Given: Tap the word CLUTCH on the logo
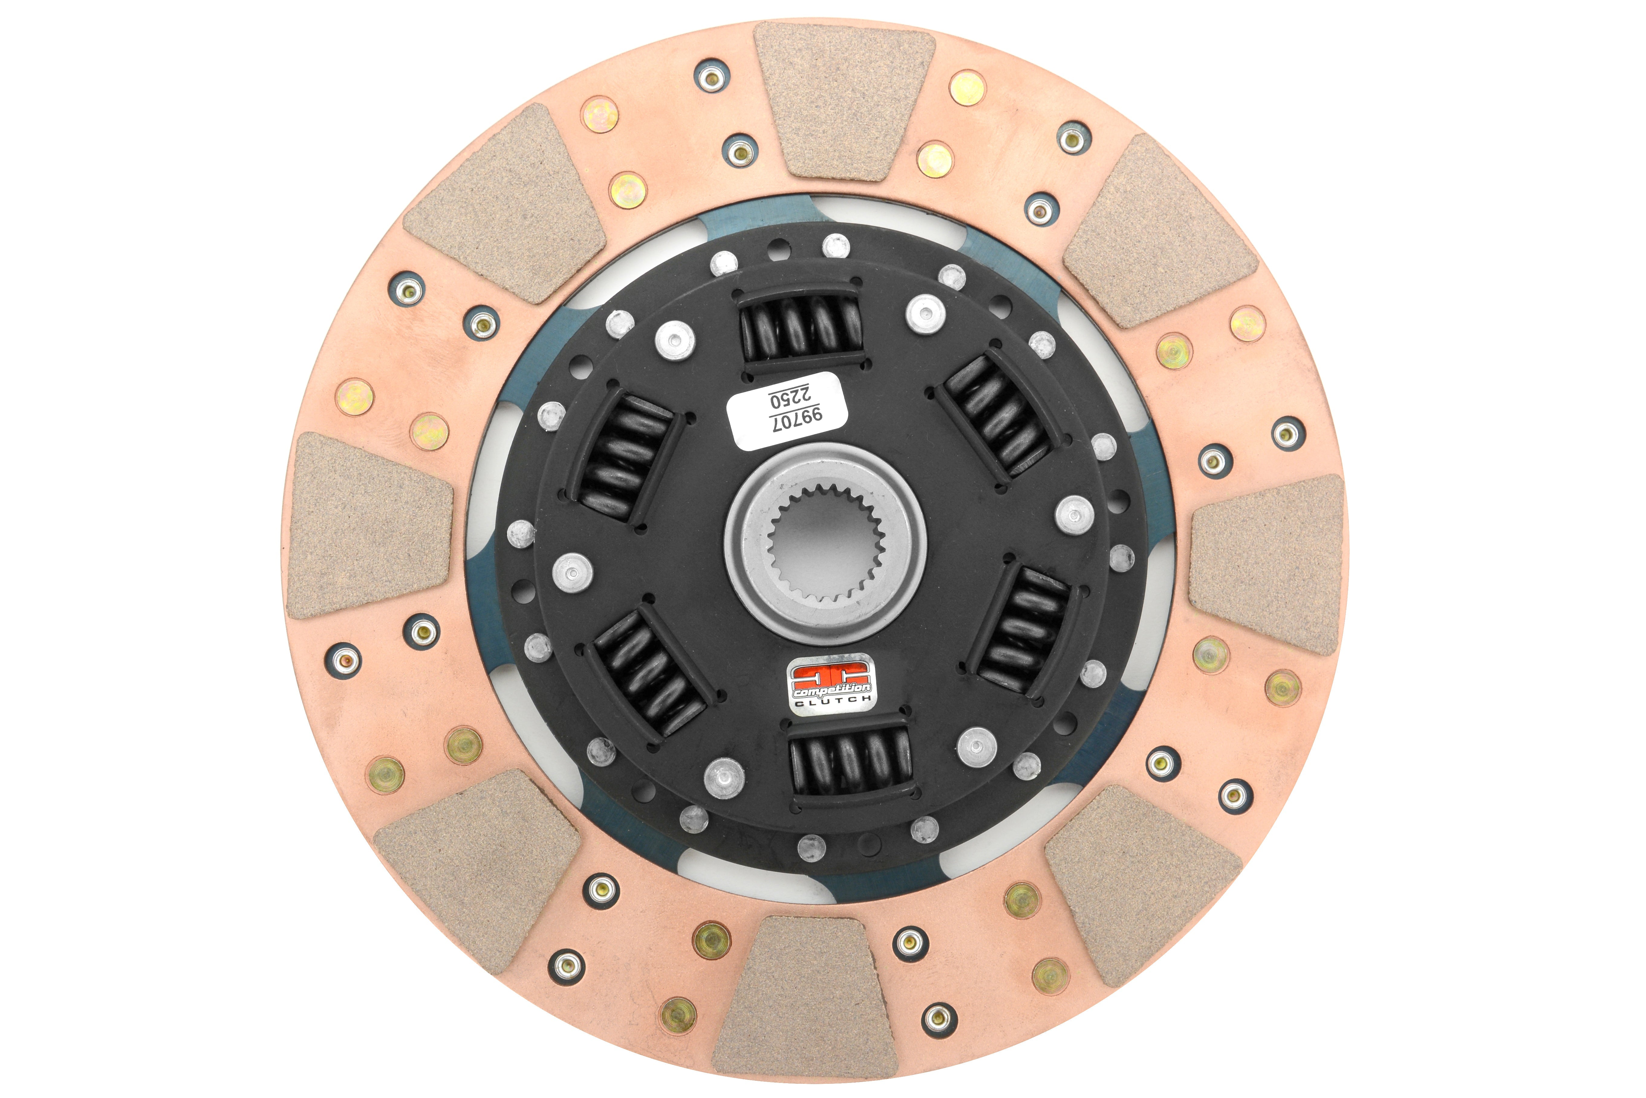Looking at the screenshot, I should (x=833, y=700).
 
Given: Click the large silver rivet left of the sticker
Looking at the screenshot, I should (x=675, y=339).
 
